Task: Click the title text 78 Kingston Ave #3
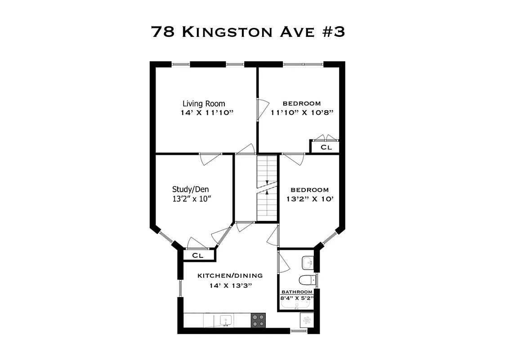coord(248,31)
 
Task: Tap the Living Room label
coord(204,103)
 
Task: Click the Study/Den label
coord(190,189)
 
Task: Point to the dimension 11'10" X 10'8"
coord(302,112)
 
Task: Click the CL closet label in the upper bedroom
coord(326,147)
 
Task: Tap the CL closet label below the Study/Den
coord(198,255)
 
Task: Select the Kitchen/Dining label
coord(230,275)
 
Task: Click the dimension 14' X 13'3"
coord(230,285)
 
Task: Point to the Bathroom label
coord(297,292)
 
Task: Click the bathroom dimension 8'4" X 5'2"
coord(297,298)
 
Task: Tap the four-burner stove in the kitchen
coord(258,320)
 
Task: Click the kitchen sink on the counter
coord(225,320)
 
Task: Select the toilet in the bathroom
coord(307,280)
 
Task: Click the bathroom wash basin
coord(308,261)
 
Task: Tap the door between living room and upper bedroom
coord(258,109)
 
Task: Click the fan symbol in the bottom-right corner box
coord(307,320)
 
